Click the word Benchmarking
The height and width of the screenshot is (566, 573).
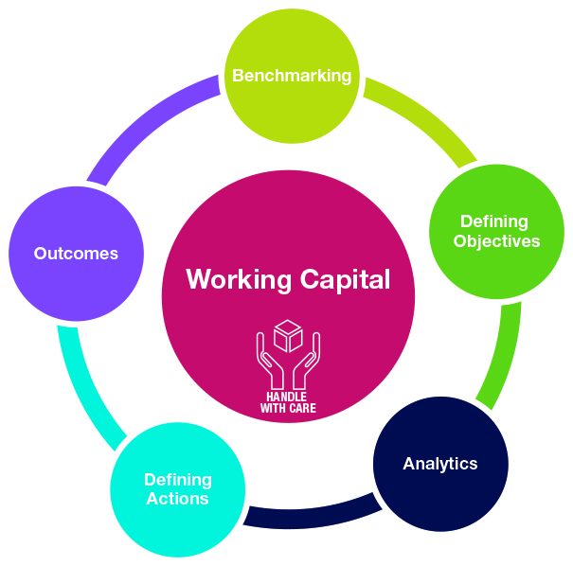pyautogui.click(x=292, y=75)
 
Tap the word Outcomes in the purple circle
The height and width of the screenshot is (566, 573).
pyautogui.click(x=76, y=253)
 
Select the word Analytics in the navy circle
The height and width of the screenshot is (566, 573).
pyautogui.click(x=439, y=464)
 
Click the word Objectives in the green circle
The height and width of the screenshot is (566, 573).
pyautogui.click(x=496, y=241)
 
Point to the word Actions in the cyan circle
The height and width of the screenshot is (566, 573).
pyautogui.click(x=177, y=498)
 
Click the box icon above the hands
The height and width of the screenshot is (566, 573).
pyautogui.click(x=288, y=336)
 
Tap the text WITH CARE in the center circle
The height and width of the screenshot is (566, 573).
pyautogui.click(x=288, y=409)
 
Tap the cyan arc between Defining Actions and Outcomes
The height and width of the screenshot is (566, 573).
pyautogui.click(x=85, y=388)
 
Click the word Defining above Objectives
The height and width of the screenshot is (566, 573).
pyautogui.click(x=494, y=222)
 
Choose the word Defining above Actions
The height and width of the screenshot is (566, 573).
pyautogui.click(x=177, y=479)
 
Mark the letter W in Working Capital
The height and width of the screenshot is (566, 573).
pyautogui.click(x=196, y=279)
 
